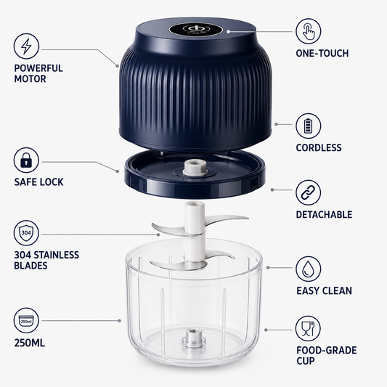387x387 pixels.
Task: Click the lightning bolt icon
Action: point(26,46)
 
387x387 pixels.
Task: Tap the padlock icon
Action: point(26,160)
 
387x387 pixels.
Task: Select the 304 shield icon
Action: point(26,233)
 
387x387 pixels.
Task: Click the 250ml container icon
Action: point(26,320)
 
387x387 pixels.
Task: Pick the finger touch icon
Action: point(309,31)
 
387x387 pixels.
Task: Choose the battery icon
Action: point(309,126)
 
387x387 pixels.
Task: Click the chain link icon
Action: point(309,192)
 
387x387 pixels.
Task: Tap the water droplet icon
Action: point(309,269)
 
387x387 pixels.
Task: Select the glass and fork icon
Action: point(308,329)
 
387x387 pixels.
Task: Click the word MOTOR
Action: point(30,79)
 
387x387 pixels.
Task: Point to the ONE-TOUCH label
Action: point(322,53)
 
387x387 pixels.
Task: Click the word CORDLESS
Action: point(319,147)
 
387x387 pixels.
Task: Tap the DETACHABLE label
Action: point(324,214)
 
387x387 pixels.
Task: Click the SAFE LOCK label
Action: point(38,182)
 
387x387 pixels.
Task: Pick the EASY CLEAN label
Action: point(324,290)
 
